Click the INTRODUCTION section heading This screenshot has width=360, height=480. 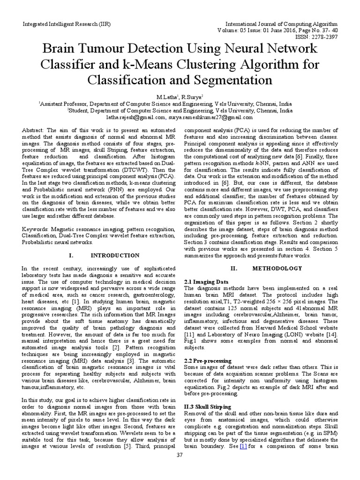[x=114, y=255]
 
